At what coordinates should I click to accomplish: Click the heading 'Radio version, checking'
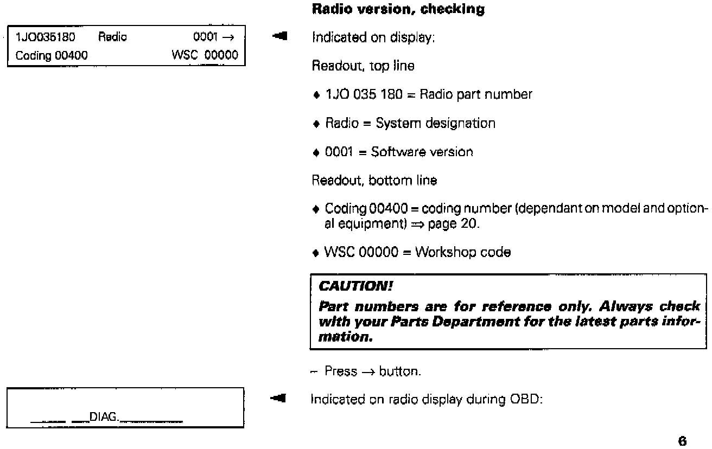pyautogui.click(x=398, y=10)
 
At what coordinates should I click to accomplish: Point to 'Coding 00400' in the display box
pyautogui.click(x=49, y=55)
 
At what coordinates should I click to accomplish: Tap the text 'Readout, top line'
pyautogui.click(x=363, y=66)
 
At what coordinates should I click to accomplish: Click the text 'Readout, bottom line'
pyautogui.click(x=374, y=181)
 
